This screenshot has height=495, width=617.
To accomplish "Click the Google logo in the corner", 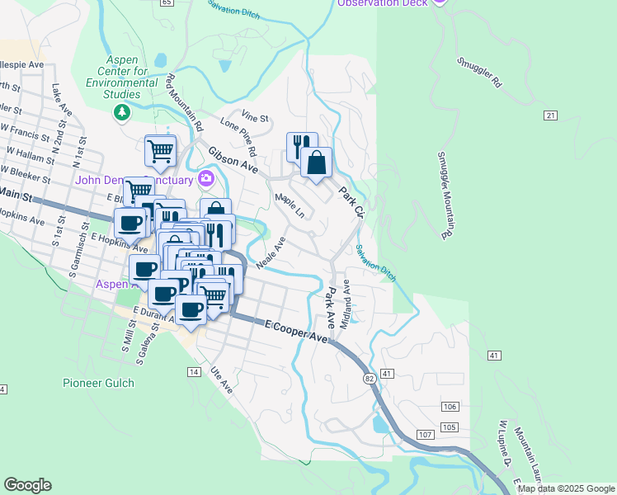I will (28, 485).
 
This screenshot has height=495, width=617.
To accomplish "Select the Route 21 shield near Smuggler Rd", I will (550, 115).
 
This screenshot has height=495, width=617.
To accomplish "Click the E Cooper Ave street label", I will (296, 332).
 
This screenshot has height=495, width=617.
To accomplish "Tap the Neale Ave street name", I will (271, 252).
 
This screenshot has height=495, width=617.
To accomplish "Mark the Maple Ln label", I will (290, 205).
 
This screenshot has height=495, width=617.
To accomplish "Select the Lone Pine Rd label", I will (239, 135).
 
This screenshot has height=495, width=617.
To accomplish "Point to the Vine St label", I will (256, 117).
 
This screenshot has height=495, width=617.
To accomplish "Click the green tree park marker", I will (123, 111).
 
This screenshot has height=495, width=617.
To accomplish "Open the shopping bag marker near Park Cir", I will (316, 163).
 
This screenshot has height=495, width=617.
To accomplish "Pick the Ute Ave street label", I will (219, 380).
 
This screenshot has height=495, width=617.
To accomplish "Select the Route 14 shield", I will (194, 372).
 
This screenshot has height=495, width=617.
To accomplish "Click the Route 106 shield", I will (450, 407).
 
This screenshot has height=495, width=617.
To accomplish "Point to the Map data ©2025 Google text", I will (566, 488).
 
